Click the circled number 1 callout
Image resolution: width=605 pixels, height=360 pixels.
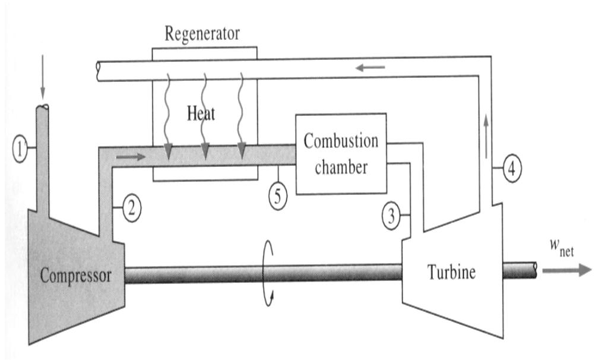tap(20, 151)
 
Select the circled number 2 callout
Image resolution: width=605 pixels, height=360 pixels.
tap(132, 209)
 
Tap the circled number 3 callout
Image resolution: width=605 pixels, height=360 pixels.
tap(391, 217)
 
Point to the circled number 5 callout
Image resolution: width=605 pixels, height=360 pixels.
tap(278, 197)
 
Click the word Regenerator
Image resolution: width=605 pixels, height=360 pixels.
tap(202, 33)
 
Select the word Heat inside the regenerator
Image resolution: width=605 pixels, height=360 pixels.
tap(201, 113)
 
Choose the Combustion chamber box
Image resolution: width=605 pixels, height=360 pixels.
tap(341, 153)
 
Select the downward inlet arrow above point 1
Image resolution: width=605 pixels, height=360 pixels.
tap(42, 89)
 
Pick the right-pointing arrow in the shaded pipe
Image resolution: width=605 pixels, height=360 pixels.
tap(132, 158)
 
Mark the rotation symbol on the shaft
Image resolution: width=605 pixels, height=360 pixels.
tap(268, 273)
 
